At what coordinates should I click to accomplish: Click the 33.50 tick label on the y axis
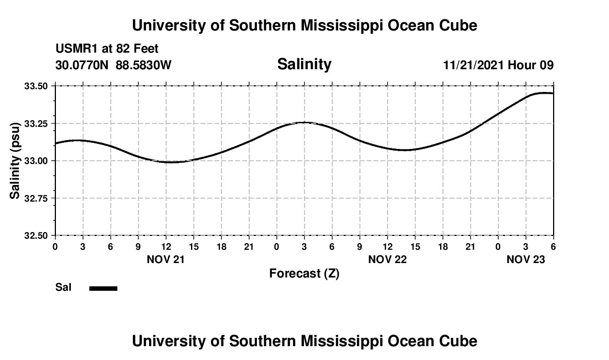[37, 86]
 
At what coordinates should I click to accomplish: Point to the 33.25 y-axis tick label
[37, 124]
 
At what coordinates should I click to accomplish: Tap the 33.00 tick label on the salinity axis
[37, 161]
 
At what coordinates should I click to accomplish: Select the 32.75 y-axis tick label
[37, 198]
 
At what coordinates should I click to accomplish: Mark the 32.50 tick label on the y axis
[37, 235]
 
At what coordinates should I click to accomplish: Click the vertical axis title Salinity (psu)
[15, 161]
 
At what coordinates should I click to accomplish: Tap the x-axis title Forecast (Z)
[304, 273]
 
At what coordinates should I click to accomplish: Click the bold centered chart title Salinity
[304, 64]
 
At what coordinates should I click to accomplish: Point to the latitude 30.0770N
[82, 65]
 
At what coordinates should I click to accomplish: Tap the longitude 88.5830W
[143, 65]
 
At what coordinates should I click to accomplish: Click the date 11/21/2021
[473, 65]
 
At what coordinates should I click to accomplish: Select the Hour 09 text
[531, 65]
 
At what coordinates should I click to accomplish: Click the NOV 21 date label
[166, 259]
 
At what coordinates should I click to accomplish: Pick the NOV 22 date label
[387, 259]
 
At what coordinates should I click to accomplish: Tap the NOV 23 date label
[526, 259]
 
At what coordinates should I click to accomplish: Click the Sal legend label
[64, 287]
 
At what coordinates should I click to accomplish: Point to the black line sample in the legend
[103, 288]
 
